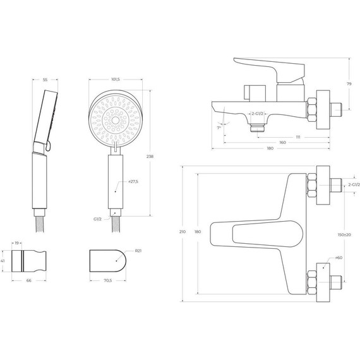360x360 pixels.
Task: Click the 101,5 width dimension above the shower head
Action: [x=116, y=80]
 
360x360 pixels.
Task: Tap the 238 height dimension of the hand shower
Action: [x=150, y=157]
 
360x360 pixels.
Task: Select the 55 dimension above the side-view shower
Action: [x=45, y=80]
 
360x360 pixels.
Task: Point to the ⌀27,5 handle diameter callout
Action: [x=133, y=182]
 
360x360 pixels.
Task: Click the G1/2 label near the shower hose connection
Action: [x=97, y=219]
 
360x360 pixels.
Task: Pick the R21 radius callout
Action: [x=138, y=251]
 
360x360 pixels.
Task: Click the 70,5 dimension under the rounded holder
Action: [x=107, y=280]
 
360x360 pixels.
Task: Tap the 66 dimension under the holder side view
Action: [x=29, y=280]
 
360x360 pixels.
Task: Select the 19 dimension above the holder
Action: [x=16, y=243]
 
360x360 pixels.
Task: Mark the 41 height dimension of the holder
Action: [x=3, y=261]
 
